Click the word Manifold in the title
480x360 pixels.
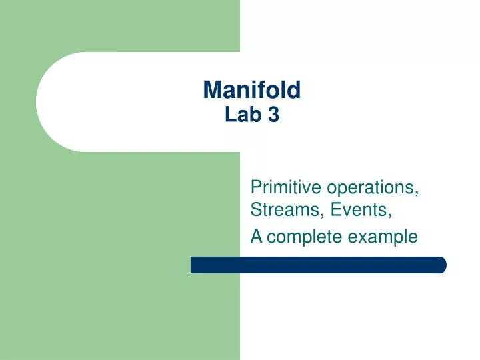(x=251, y=89)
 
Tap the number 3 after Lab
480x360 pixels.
(x=273, y=115)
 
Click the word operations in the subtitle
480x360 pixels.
(x=372, y=187)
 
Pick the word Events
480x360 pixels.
(x=356, y=211)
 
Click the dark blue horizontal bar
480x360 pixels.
(x=318, y=265)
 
